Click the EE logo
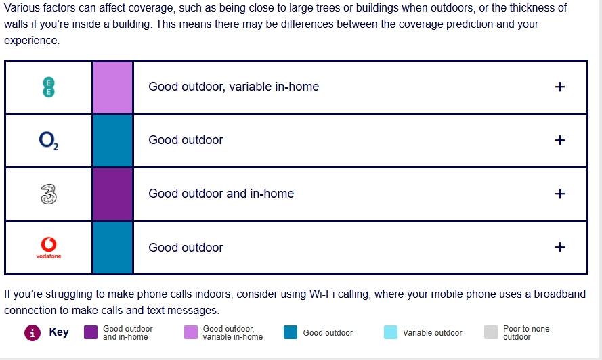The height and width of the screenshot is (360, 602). [x=48, y=87]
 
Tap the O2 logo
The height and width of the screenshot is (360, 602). [x=48, y=141]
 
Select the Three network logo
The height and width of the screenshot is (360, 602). [x=48, y=194]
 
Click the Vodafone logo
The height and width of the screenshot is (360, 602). [x=48, y=248]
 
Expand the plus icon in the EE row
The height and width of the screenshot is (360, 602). [x=560, y=87]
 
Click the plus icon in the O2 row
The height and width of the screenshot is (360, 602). [x=560, y=140]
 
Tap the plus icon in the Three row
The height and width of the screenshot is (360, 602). [x=560, y=194]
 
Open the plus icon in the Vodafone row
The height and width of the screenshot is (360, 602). [x=560, y=247]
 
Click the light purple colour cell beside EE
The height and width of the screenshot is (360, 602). [x=113, y=87]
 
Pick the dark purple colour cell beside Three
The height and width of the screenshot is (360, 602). [x=113, y=194]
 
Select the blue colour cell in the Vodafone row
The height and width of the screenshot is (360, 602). [x=113, y=248]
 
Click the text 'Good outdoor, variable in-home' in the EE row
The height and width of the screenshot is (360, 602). [x=234, y=87]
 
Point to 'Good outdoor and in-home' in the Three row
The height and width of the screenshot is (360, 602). [x=221, y=194]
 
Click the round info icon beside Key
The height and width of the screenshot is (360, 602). [x=33, y=333]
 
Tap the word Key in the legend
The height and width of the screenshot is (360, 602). [x=59, y=332]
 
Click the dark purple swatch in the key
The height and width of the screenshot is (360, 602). [x=91, y=332]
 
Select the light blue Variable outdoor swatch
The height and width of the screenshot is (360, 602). [x=391, y=332]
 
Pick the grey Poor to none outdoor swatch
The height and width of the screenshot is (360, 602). [x=491, y=332]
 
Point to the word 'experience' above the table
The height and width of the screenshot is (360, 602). [x=30, y=41]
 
